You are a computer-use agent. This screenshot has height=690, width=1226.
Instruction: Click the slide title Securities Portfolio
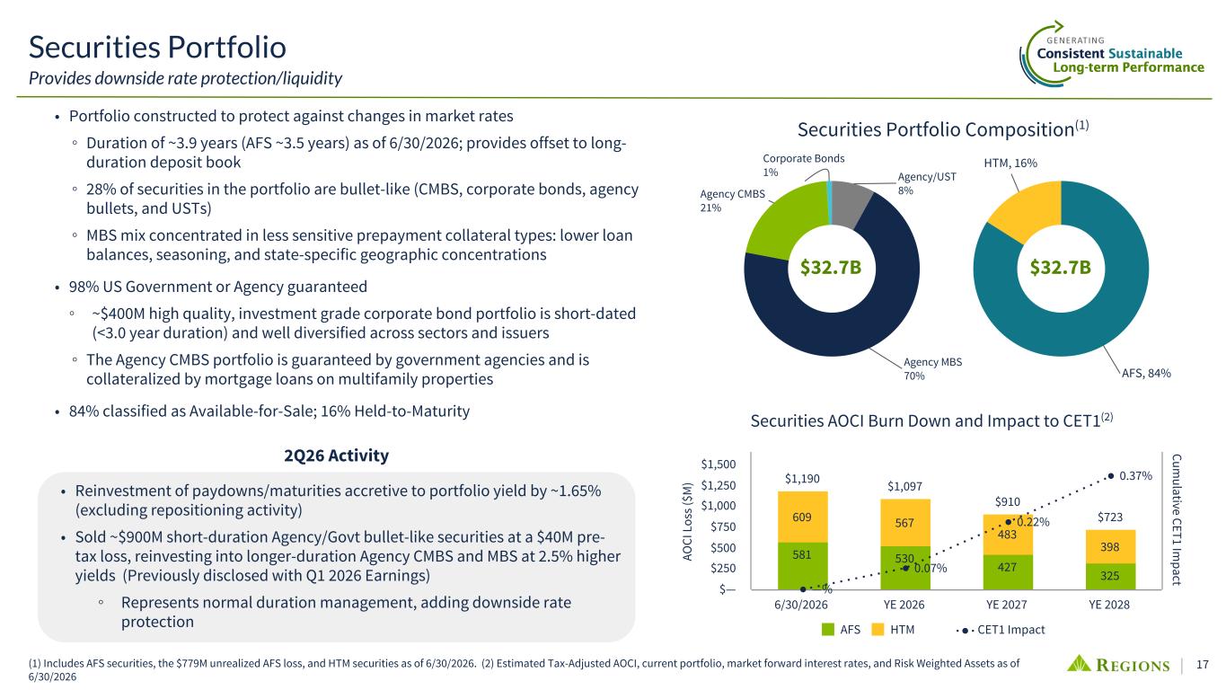coord(157,47)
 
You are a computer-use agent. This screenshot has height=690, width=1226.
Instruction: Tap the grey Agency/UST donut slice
coord(851,203)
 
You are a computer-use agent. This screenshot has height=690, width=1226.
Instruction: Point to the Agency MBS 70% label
coord(932,368)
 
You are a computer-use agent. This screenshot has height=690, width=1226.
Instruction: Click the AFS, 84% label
coord(1146,373)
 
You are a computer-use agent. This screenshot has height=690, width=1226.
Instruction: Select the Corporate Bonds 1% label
coord(804,164)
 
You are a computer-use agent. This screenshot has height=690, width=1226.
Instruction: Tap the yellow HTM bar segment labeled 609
coord(802,517)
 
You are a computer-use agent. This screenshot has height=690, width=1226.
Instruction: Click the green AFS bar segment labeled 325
coord(1110,576)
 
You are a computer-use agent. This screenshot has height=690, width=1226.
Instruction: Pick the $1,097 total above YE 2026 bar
coord(904,486)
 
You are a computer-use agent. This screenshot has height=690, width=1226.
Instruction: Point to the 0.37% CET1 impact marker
coord(1111,476)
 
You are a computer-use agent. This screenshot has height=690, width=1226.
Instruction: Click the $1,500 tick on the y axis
coord(719,464)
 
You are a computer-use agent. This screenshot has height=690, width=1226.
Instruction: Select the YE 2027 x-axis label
coord(1007,605)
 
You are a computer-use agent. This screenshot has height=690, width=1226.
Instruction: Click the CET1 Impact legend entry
coord(1001,630)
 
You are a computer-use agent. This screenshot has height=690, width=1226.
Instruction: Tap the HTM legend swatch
coord(878,630)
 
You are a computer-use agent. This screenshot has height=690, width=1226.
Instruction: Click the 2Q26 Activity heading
coord(336,456)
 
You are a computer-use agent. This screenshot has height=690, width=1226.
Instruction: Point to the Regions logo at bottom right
coord(1117,664)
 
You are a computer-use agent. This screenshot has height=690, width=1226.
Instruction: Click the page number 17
coord(1202,664)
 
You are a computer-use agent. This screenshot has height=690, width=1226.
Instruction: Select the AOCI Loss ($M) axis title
coord(687,521)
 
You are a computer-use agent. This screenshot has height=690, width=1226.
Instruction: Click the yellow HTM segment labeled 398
coord(1110,546)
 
